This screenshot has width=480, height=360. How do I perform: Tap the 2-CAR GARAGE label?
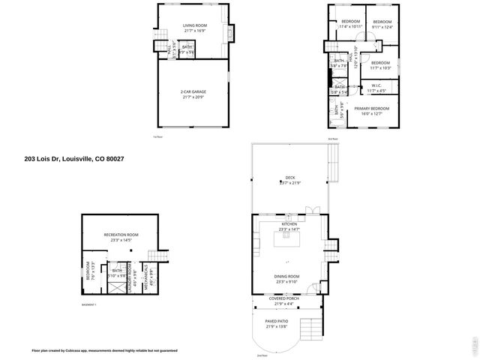click(x=193, y=92)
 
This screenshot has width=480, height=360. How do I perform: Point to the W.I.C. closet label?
click(x=376, y=85)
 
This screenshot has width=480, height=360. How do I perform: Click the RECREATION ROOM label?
click(x=121, y=235)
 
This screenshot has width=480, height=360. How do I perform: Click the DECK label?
click(x=289, y=178)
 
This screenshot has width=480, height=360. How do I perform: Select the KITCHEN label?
click(x=289, y=224)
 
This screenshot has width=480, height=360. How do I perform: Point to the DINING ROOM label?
click(x=289, y=277)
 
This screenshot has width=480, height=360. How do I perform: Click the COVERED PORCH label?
click(x=284, y=298)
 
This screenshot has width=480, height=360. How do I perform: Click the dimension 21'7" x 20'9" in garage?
click(x=193, y=97)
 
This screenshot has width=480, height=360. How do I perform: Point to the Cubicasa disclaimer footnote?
click(x=105, y=350)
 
